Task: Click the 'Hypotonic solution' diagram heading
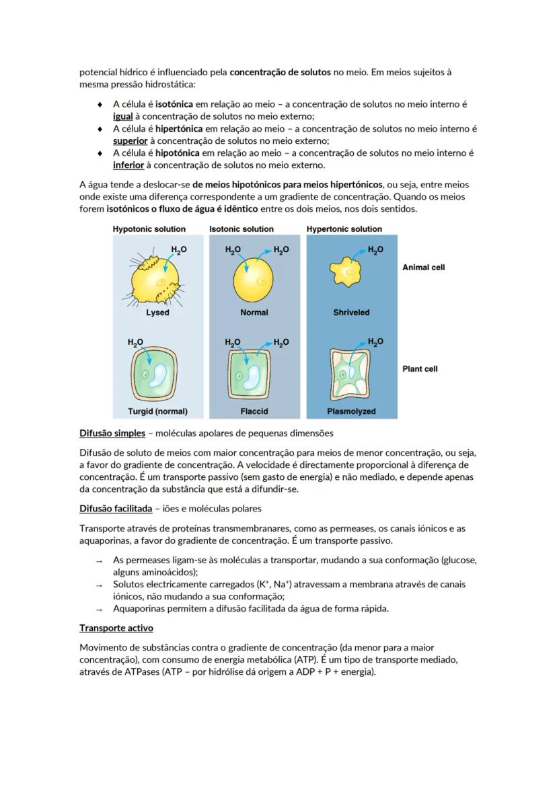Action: [x=149, y=229]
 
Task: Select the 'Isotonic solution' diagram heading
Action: [x=241, y=229]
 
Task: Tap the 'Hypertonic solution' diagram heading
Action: [x=344, y=229]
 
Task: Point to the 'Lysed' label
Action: [x=157, y=313]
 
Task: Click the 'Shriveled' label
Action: [x=351, y=313]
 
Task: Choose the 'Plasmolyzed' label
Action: [x=351, y=411]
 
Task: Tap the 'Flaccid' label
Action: [x=254, y=411]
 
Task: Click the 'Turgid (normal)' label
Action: [x=157, y=411]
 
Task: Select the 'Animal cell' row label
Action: [x=423, y=267]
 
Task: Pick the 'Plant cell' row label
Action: [x=420, y=369]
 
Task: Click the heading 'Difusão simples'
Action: [x=112, y=433]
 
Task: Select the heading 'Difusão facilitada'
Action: [x=116, y=509]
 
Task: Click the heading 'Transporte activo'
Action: [x=116, y=628]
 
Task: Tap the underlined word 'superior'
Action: [x=130, y=141]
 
